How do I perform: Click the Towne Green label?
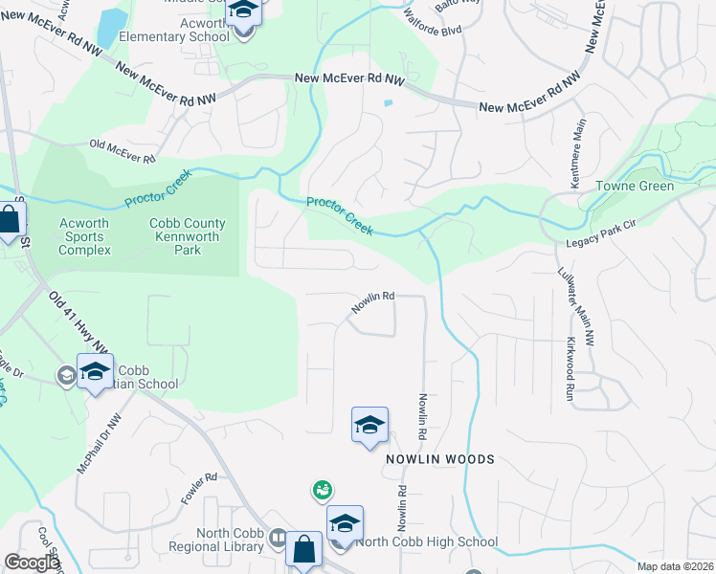click(x=635, y=186)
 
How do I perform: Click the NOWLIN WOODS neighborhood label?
click(x=440, y=459)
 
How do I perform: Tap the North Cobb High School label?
click(x=426, y=542)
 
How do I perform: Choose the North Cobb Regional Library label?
click(x=216, y=541)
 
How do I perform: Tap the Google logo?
click(x=32, y=563)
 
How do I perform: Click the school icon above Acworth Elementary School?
click(x=244, y=12)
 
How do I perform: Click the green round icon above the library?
click(x=323, y=490)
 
